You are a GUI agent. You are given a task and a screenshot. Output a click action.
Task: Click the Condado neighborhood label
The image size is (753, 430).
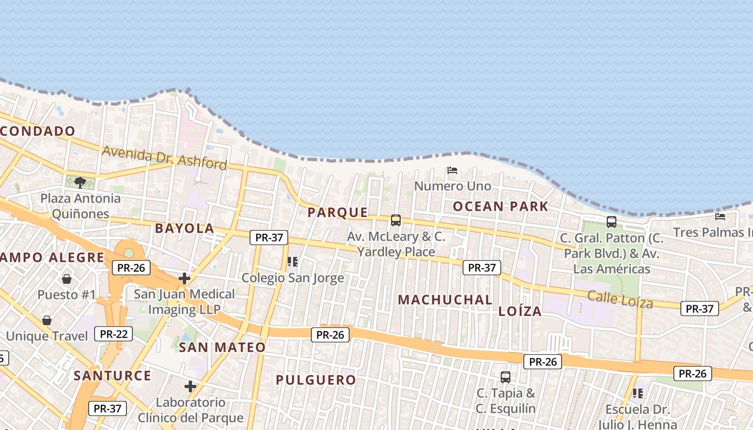pyautogui.click(x=38, y=131)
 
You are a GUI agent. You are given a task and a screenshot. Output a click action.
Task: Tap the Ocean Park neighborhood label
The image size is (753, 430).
pyautogui.click(x=500, y=206)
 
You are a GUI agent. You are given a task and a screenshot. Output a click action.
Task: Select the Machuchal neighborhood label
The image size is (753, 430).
pyautogui.click(x=445, y=300)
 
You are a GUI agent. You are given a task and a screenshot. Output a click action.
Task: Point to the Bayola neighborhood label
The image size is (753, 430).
pyautogui.click(x=184, y=228)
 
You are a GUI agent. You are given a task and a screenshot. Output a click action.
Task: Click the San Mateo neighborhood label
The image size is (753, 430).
pyautogui.click(x=222, y=347)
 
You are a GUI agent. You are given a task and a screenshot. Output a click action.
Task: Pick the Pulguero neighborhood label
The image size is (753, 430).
pyautogui.click(x=316, y=380)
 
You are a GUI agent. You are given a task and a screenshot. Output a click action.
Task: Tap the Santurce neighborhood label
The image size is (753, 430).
pyautogui.click(x=112, y=375)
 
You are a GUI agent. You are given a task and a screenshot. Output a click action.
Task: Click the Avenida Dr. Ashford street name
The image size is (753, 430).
pyautogui.click(x=164, y=157)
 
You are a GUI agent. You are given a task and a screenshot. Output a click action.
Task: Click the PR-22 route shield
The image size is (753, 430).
pyautogui.click(x=113, y=334)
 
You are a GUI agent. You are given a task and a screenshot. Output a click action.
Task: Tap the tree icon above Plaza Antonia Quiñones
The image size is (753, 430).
pyautogui.click(x=80, y=182)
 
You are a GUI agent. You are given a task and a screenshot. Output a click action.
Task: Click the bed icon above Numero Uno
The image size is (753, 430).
pyautogui.click(x=452, y=170)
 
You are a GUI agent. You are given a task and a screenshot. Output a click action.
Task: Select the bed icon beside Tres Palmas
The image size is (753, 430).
pyautogui.click(x=720, y=217)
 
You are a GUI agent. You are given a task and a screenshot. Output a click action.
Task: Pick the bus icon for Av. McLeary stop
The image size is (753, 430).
pyautogui.click(x=396, y=220)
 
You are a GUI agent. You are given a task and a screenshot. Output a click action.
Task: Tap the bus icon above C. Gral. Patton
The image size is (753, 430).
pyautogui.click(x=612, y=221)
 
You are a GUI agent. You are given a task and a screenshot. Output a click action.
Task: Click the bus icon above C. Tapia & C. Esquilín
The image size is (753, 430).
pyautogui.click(x=506, y=377)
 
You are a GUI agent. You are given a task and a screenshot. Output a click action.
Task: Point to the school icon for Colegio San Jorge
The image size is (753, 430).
pyautogui.click(x=293, y=262)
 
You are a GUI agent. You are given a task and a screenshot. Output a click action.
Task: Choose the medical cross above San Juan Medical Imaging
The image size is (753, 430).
pyautogui.click(x=184, y=278)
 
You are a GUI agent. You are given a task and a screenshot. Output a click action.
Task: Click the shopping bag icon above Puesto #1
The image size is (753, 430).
pyautogui.click(x=67, y=278)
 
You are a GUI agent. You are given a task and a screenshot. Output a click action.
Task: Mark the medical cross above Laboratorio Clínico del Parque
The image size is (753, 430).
pyautogui.click(x=190, y=386)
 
